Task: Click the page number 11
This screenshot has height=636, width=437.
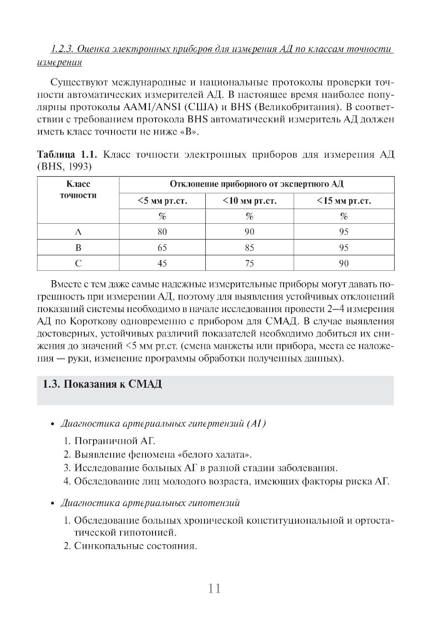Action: [214, 588]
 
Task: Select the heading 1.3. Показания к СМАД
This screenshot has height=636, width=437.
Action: [102, 384]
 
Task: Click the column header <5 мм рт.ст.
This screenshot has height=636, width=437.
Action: [162, 201]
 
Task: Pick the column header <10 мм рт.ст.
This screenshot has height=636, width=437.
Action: [250, 201]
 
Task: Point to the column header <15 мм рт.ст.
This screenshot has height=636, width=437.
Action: [343, 201]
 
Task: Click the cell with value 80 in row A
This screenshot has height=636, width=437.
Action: [162, 232]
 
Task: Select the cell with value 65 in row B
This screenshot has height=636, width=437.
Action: [162, 248]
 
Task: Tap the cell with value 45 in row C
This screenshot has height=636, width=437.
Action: [162, 264]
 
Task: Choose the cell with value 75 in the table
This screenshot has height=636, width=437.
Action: [250, 264]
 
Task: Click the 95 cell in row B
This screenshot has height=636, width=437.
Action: [343, 248]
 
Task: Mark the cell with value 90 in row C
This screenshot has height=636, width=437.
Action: [343, 264]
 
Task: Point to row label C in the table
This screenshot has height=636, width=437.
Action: [78, 264]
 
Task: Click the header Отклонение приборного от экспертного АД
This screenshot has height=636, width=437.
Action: [256, 184]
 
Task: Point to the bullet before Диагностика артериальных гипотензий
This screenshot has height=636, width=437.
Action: [52, 504]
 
